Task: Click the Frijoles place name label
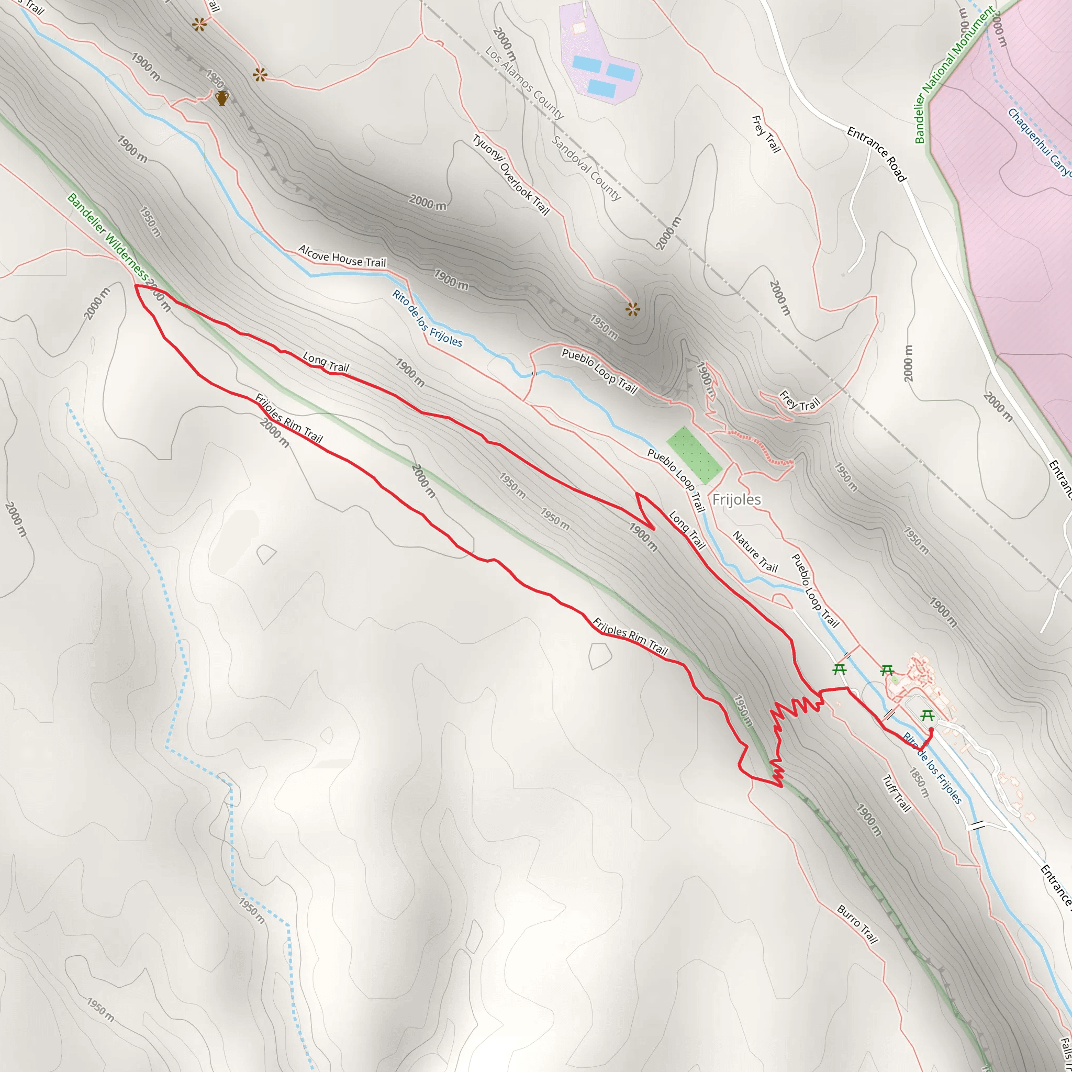[736, 499]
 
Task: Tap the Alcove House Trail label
[342, 256]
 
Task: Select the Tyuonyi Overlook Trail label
[510, 174]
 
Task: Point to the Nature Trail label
[755, 552]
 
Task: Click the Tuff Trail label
[897, 794]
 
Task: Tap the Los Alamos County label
[524, 83]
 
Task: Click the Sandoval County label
[585, 167]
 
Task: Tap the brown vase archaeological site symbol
[222, 98]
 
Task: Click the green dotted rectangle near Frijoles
[694, 455]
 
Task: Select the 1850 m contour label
[919, 783]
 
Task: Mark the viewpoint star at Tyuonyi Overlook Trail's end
[632, 309]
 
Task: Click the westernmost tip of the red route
[136, 286]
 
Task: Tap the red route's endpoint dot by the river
[931, 730]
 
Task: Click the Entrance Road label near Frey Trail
[876, 154]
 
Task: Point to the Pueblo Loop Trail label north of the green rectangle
[599, 371]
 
